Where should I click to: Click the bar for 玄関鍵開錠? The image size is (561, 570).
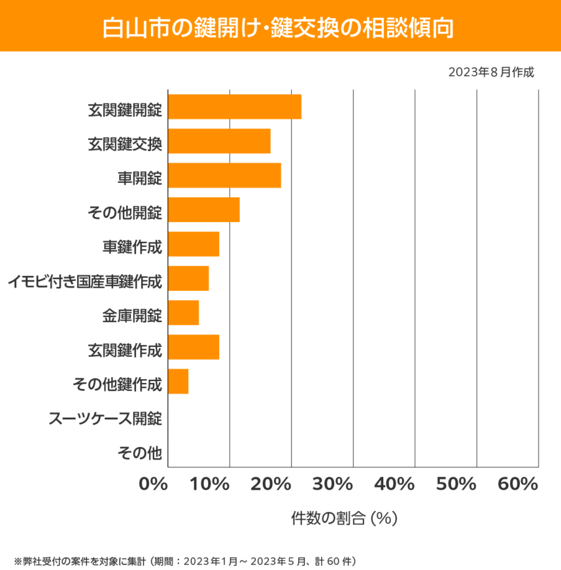235,107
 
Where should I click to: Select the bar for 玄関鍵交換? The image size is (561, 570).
219,141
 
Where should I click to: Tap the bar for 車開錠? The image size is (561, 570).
224,175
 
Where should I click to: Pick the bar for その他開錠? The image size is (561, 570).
204,210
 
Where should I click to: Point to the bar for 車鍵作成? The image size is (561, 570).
194,244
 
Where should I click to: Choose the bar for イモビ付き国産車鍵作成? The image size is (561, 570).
188,278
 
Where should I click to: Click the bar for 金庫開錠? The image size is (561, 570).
183,313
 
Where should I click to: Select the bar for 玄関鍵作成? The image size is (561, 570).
194,347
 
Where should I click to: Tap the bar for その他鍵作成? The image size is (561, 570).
178,382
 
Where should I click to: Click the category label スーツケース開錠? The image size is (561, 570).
105,418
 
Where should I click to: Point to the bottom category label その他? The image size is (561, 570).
139,452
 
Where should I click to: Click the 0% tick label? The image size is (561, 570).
154,485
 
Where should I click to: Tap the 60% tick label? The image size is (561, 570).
517,485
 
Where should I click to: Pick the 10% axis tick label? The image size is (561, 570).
211,485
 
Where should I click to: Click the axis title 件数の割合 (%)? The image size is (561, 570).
344,518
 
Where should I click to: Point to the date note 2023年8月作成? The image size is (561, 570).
491,72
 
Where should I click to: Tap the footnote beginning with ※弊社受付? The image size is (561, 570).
184,560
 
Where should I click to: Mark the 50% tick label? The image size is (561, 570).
456,485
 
